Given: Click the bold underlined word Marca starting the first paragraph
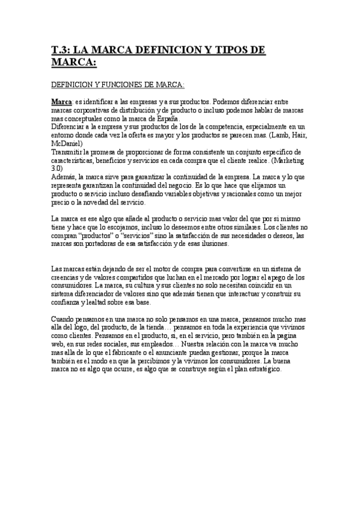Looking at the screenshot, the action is (x=62, y=102).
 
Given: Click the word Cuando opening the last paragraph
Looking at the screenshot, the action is (x=65, y=319).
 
